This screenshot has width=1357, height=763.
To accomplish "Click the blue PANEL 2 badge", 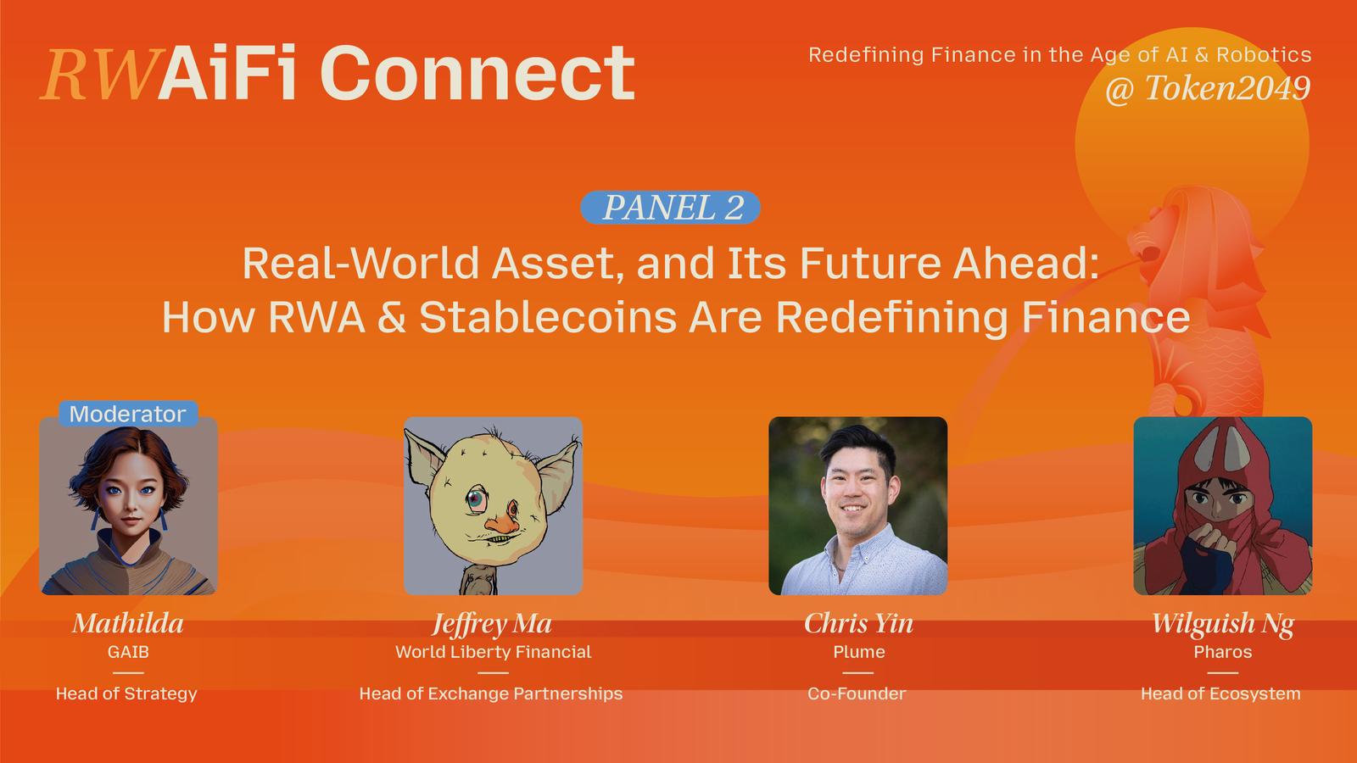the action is pyautogui.click(x=670, y=208).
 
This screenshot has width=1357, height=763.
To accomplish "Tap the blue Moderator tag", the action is pyautogui.click(x=128, y=414).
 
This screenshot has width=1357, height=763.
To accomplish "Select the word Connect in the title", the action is pyautogui.click(x=477, y=73).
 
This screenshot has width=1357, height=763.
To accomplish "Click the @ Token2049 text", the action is pyautogui.click(x=1208, y=88).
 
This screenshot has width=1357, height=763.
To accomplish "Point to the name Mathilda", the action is pyautogui.click(x=128, y=623).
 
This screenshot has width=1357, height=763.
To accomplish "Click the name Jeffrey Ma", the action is pyautogui.click(x=492, y=624).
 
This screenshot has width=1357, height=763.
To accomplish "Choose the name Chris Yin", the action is pyautogui.click(x=858, y=623).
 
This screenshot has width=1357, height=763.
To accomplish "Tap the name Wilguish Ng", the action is pyautogui.click(x=1222, y=624).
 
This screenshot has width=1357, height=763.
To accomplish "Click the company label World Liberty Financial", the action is pyautogui.click(x=493, y=652).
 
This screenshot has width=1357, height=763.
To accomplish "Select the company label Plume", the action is pyautogui.click(x=859, y=652).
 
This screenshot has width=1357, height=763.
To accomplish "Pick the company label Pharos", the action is pyautogui.click(x=1222, y=652).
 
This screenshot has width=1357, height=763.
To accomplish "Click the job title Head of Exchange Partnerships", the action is pyautogui.click(x=491, y=693).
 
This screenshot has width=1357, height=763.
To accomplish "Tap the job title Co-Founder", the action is pyautogui.click(x=857, y=693).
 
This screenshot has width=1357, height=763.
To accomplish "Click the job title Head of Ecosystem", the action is pyautogui.click(x=1220, y=693).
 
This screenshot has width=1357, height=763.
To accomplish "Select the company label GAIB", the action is pyautogui.click(x=128, y=652).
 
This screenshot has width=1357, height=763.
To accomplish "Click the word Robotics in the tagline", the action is pyautogui.click(x=1264, y=55).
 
